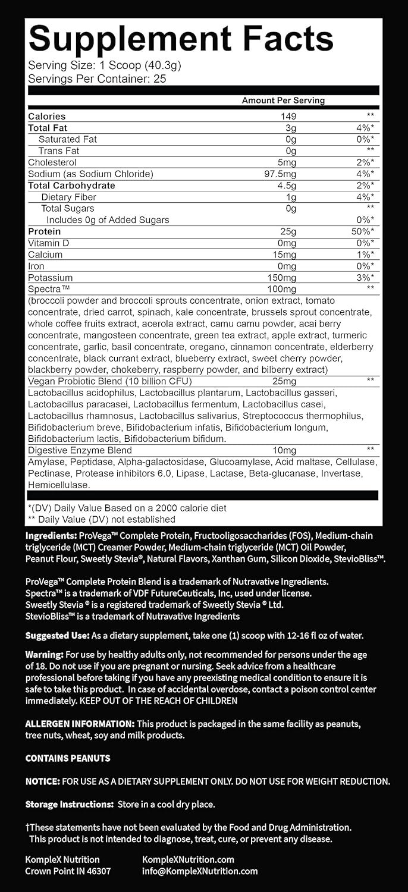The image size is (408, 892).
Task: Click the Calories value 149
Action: pyautogui.click(x=289, y=117)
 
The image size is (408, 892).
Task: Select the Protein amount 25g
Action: pyautogui.click(x=290, y=231)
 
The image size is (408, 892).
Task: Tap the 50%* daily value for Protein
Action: pyautogui.click(x=362, y=231)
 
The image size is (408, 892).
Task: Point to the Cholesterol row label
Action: pyautogui.click(x=52, y=162)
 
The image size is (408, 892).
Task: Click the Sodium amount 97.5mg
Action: pyautogui.click(x=283, y=174)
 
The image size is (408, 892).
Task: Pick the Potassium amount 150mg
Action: pyautogui.click(x=282, y=278)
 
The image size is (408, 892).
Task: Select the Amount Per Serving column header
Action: pyautogui.click(x=283, y=100)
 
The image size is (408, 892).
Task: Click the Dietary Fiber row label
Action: pyautogui.click(x=68, y=197)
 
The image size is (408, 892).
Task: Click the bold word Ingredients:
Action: pyautogui.click(x=51, y=536)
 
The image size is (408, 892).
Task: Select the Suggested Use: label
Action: pyautogui.click(x=56, y=636)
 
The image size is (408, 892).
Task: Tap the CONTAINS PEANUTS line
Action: pyautogui.click(x=67, y=758)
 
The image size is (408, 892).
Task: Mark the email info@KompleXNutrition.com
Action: pyautogui.click(x=200, y=871)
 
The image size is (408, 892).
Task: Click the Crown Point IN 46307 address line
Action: pyautogui.click(x=68, y=871)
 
